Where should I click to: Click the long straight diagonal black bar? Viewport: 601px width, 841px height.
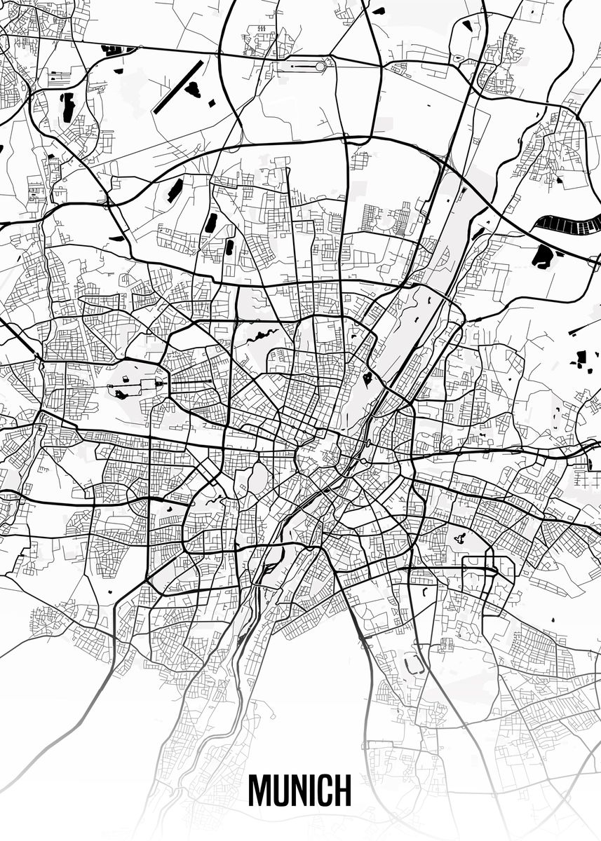[178, 87]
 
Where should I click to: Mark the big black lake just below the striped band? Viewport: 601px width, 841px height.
[543, 256]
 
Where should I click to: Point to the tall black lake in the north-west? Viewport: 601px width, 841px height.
[68, 107]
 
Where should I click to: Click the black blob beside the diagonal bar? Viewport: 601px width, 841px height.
[193, 89]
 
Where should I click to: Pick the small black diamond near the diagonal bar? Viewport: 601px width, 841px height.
[211, 103]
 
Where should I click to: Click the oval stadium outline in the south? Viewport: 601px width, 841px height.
[414, 663]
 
